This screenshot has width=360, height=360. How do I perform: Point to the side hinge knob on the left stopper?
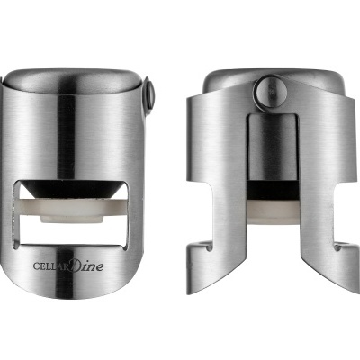pyautogui.click(x=148, y=92)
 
